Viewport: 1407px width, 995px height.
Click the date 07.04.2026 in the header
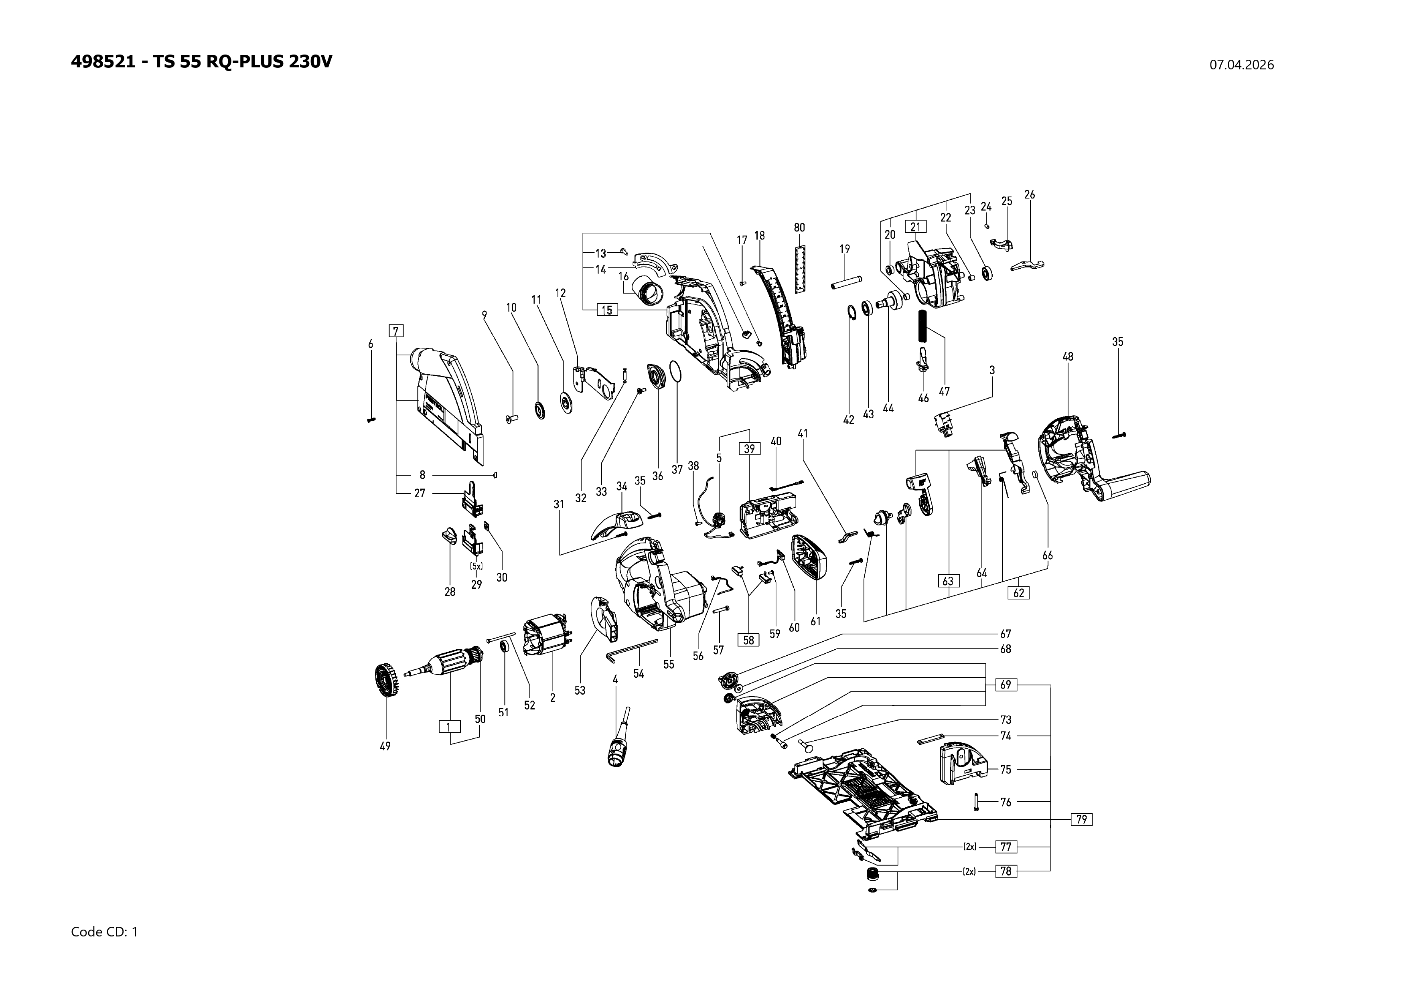point(1241,65)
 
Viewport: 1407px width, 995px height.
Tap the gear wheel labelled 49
point(385,681)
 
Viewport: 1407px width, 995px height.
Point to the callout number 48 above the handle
point(1068,356)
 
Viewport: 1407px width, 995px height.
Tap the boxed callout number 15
point(607,310)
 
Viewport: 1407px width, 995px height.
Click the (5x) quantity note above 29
point(476,567)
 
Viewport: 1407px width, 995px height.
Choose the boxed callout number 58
point(748,640)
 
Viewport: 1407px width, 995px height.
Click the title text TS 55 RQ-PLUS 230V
point(243,62)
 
